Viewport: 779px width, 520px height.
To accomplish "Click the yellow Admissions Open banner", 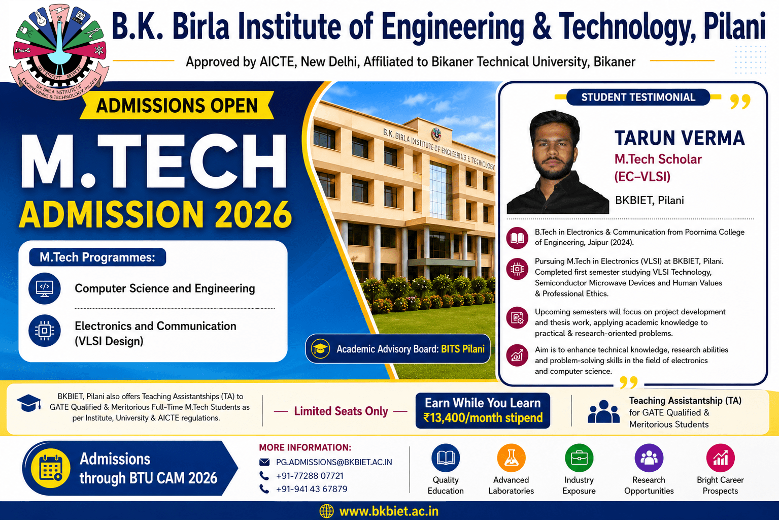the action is pyautogui.click(x=177, y=105).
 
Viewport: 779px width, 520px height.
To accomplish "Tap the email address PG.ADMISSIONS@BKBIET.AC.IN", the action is pyautogui.click(x=334, y=462).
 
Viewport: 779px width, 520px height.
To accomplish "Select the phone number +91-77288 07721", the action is pyautogui.click(x=310, y=475).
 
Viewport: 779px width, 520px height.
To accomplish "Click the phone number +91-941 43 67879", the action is pyautogui.click(x=312, y=489).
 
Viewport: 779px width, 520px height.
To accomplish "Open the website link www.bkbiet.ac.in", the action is pyautogui.click(x=388, y=511).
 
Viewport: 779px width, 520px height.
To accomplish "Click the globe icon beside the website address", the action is pyautogui.click(x=326, y=511).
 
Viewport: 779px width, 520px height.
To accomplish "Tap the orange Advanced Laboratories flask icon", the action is pyautogui.click(x=511, y=458).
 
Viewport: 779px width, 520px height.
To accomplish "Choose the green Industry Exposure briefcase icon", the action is pyautogui.click(x=579, y=458).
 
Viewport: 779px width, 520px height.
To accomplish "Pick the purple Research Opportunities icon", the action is pyautogui.click(x=649, y=458).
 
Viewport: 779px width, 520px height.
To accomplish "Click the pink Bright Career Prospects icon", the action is pyautogui.click(x=720, y=458).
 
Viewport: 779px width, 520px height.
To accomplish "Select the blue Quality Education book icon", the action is pyautogui.click(x=446, y=458).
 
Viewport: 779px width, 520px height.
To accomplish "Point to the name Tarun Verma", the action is pyautogui.click(x=680, y=138).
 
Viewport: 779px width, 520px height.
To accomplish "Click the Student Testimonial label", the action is pyautogui.click(x=638, y=97).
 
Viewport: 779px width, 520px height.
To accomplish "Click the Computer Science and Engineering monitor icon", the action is pyautogui.click(x=45, y=288).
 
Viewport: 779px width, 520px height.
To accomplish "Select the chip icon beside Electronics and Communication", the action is pyautogui.click(x=45, y=330).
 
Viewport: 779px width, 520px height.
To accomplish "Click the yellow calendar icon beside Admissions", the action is pyautogui.click(x=51, y=468).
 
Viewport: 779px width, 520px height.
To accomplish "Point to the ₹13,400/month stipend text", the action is pyautogui.click(x=483, y=417).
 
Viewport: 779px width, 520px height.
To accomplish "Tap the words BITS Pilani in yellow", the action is pyautogui.click(x=462, y=349).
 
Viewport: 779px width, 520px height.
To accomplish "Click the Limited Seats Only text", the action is pyautogui.click(x=341, y=411).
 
